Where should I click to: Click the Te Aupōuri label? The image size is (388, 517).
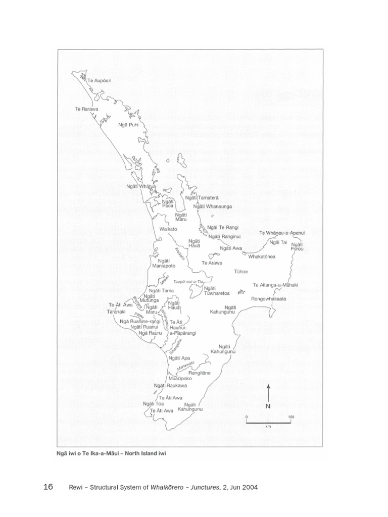[99, 80]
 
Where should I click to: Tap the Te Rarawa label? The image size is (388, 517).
[86, 109]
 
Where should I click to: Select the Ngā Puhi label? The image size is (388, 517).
[128, 125]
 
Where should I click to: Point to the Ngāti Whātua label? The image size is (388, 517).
[141, 186]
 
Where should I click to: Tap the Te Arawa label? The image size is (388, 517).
[212, 263]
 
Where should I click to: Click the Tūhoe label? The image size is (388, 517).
[241, 272]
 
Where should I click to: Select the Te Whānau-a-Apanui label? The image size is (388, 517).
[282, 233]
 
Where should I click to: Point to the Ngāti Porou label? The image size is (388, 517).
[297, 247]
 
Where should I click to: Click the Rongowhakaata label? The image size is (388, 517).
[269, 299]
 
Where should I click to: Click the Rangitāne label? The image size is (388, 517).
[199, 373]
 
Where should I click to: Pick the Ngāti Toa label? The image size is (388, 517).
[154, 404]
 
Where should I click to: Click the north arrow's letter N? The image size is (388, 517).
[268, 406]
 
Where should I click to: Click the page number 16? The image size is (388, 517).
[48, 487]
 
